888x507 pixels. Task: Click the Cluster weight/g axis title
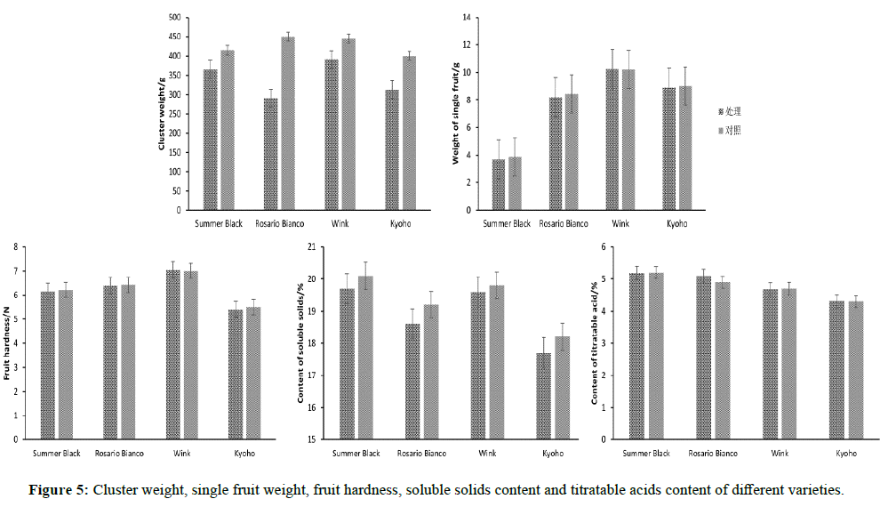pyautogui.click(x=163, y=115)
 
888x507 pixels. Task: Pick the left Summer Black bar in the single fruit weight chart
pyautogui.click(x=499, y=185)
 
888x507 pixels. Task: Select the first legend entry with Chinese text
pyautogui.click(x=729, y=111)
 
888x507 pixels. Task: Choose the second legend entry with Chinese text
pyautogui.click(x=729, y=130)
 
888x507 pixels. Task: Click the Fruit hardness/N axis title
pyautogui.click(x=8, y=342)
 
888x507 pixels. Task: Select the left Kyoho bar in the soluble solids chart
pyautogui.click(x=542, y=396)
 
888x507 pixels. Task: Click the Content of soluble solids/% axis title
pyautogui.click(x=301, y=342)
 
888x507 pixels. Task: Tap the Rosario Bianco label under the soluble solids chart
pyautogui.click(x=421, y=454)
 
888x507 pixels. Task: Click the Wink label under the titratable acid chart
pyautogui.click(x=780, y=454)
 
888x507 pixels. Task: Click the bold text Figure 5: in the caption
pyautogui.click(x=59, y=490)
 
